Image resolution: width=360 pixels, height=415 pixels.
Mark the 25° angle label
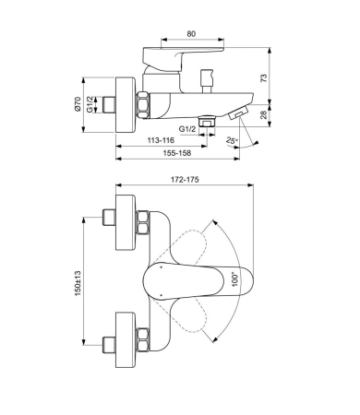(231, 139)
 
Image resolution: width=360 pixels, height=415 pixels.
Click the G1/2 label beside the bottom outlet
(188, 129)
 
